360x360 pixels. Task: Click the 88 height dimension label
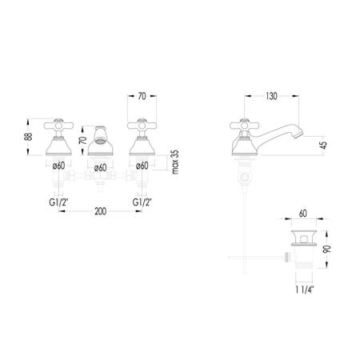(30, 137)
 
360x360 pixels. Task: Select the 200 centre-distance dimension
(100, 211)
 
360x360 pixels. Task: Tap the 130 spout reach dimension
(271, 96)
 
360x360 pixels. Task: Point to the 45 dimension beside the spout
(323, 146)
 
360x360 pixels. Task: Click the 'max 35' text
(175, 162)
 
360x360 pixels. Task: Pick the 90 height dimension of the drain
(327, 249)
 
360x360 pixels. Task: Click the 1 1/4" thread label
(305, 290)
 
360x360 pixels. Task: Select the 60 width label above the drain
(303, 214)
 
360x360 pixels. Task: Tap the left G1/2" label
(58, 202)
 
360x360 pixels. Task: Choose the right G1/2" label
(142, 202)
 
